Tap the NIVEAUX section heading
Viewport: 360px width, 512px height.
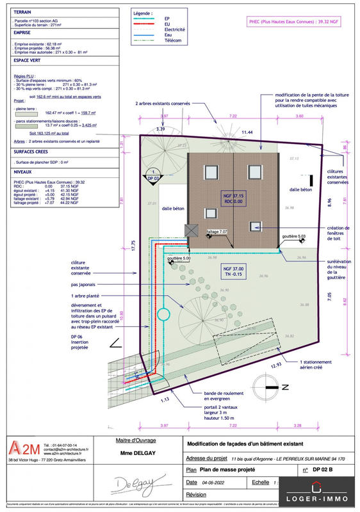pyautogui.click(x=23, y=172)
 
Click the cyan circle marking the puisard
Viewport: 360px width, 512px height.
pyautogui.click(x=163, y=314)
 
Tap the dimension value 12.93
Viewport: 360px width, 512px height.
pyautogui.click(x=258, y=364)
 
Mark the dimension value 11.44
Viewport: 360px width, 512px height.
pyautogui.click(x=247, y=132)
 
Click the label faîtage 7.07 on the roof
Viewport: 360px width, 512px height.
pyautogui.click(x=218, y=231)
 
